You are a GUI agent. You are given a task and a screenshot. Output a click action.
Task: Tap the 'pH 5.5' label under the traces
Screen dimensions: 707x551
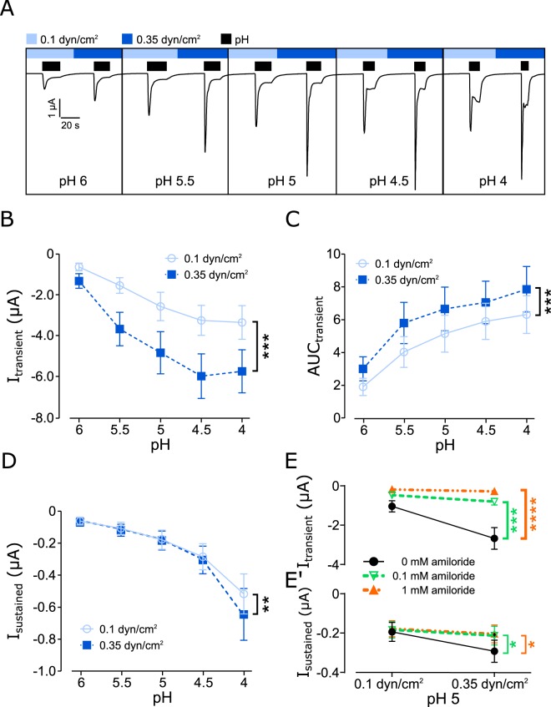(175, 179)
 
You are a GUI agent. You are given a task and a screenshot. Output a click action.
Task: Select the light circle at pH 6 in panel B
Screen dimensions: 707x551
(79, 267)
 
